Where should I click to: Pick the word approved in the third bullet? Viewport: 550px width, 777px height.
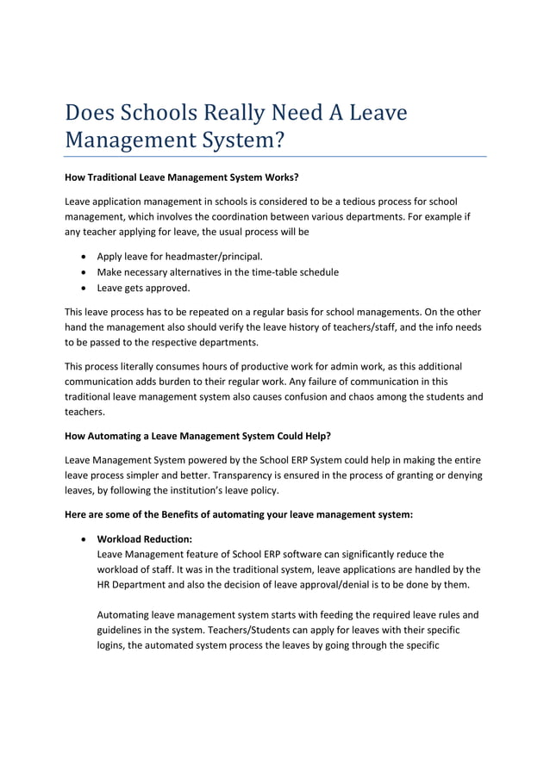(169, 287)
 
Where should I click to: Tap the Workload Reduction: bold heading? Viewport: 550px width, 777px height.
(144, 538)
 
